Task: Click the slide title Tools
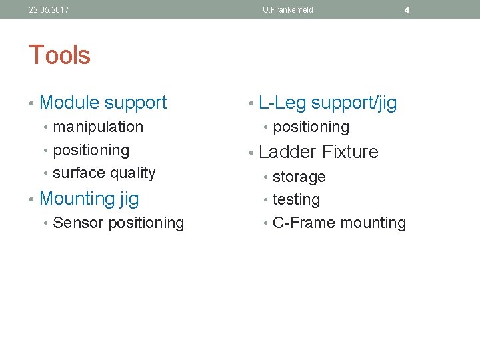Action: [x=59, y=55]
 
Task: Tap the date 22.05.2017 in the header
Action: [x=49, y=10]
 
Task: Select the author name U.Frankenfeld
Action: [x=287, y=10]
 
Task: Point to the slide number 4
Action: [x=407, y=10]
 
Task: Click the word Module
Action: [x=69, y=103]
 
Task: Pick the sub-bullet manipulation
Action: [x=98, y=127]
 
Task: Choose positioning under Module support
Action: [x=91, y=150]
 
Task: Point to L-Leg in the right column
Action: [x=282, y=103]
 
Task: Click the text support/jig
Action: [x=354, y=103]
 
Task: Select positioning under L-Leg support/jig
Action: [x=311, y=127]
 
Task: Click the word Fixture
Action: [x=350, y=152]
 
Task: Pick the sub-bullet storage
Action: [x=299, y=177]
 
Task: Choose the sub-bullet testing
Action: [x=296, y=199]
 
